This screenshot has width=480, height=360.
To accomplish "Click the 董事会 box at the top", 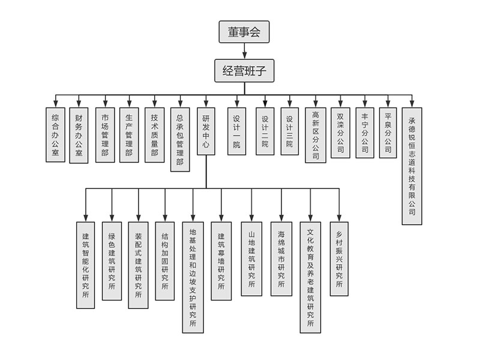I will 244,32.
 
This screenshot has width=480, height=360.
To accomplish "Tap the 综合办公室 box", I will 55,135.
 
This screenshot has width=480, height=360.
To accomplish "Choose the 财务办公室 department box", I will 79,135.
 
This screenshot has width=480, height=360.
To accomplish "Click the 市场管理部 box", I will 105,135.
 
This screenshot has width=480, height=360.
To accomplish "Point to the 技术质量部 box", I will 155,135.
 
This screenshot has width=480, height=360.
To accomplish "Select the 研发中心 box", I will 206,131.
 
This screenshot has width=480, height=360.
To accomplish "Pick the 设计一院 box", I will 236,131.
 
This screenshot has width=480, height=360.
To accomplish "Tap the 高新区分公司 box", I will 316,135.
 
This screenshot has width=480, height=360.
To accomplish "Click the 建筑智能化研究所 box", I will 85,265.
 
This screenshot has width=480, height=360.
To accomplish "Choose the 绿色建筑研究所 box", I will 112,261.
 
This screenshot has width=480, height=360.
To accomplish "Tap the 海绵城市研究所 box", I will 281,259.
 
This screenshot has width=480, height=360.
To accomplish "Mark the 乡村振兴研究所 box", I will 339,259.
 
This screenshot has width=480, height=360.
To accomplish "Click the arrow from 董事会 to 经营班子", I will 244,50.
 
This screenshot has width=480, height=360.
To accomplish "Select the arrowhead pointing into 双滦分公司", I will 340,104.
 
